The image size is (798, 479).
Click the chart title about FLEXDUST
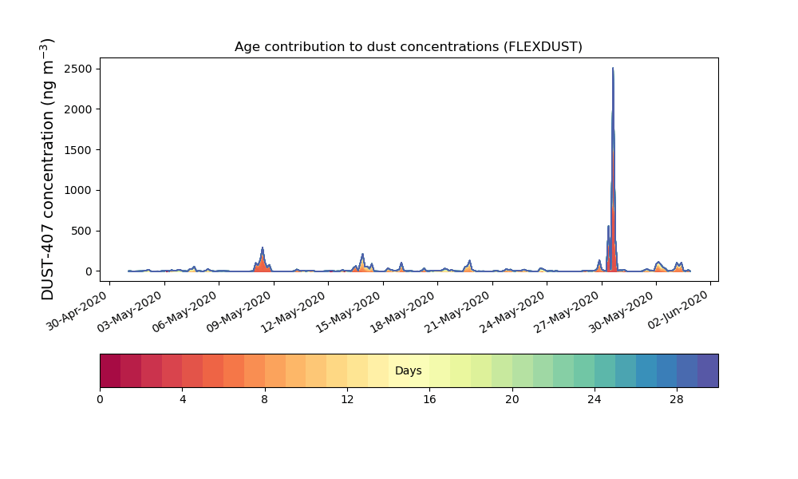click(x=408, y=47)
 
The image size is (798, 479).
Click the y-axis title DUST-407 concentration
click(x=47, y=169)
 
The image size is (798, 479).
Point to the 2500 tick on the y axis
click(x=81, y=69)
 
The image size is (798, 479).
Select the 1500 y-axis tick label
click(x=81, y=149)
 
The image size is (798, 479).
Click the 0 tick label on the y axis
click(x=89, y=271)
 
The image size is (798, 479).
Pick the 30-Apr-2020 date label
click(x=78, y=311)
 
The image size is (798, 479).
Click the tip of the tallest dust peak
click(x=613, y=68)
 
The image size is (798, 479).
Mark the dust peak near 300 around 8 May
click(x=263, y=248)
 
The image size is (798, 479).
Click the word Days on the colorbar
click(x=408, y=370)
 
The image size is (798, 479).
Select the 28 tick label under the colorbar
click(x=677, y=400)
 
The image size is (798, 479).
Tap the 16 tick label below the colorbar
click(x=429, y=400)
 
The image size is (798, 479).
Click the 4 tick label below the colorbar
click(x=183, y=400)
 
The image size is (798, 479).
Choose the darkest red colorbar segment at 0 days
click(x=110, y=370)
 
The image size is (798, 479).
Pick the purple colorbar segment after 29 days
click(x=708, y=370)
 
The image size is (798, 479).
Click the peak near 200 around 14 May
click(x=362, y=254)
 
